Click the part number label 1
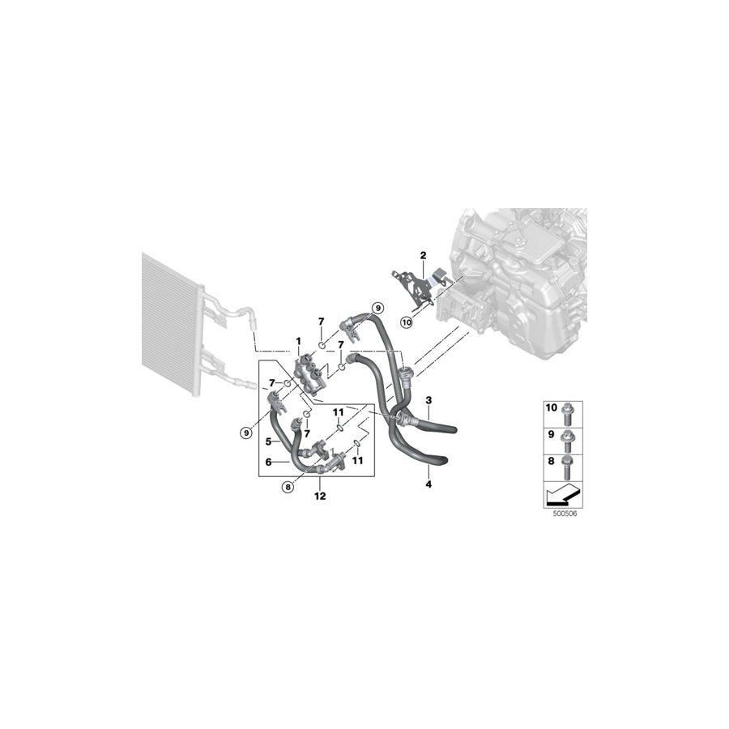298,341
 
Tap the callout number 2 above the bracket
422,256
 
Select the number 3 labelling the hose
428,400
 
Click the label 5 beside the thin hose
267,441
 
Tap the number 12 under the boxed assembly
321,495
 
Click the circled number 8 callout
287,487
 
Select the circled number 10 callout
407,322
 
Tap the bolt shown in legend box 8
567,468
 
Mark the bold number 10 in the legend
552,408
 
